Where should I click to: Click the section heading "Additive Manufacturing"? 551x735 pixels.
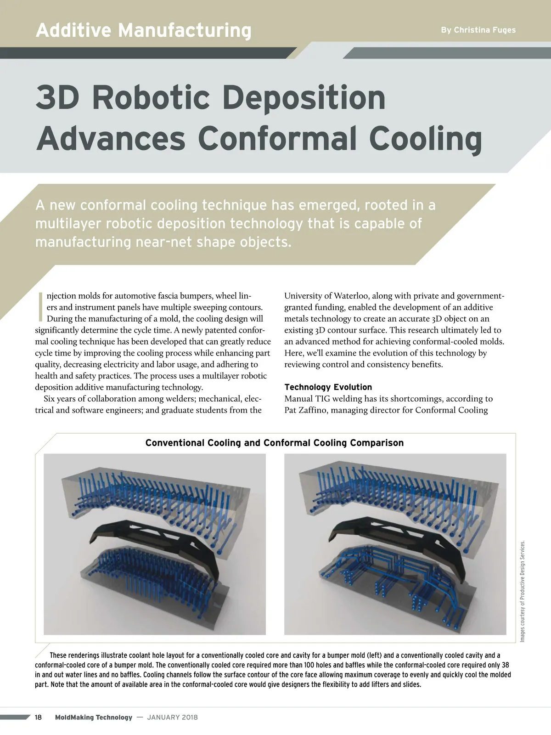point(143,30)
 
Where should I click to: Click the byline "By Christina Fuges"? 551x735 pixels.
point(478,30)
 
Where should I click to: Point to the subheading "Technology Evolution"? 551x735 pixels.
point(328,387)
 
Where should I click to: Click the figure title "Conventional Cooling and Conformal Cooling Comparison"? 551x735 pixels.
point(275,443)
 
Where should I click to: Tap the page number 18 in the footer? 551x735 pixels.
point(39,718)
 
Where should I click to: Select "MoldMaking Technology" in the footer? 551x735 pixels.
point(93,718)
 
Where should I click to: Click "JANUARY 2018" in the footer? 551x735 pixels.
point(172,718)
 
